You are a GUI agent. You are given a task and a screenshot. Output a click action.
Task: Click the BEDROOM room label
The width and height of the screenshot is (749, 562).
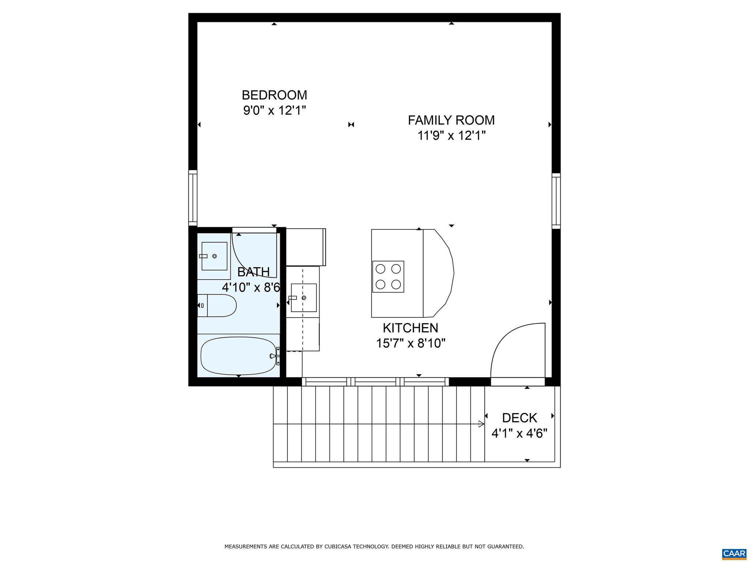tap(274, 95)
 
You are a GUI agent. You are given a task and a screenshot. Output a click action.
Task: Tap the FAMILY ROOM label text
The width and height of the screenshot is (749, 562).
tap(451, 120)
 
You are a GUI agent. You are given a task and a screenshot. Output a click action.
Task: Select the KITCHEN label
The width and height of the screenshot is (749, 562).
tap(410, 328)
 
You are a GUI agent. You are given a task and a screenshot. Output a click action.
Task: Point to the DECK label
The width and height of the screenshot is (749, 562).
tap(519, 418)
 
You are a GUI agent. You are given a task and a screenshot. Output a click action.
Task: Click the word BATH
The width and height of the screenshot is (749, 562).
tap(253, 272)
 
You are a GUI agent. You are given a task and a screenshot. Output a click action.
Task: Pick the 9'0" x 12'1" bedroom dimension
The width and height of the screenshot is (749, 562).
tap(274, 110)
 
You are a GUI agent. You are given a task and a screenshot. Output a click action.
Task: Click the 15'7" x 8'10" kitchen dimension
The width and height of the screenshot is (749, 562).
tap(411, 343)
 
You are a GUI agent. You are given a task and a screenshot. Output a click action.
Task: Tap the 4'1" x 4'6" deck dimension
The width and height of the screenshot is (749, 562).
tap(519, 434)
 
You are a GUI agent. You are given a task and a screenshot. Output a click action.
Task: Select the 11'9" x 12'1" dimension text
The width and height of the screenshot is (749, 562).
tap(451, 136)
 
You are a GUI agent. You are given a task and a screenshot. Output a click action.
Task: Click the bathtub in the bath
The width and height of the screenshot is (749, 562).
tap(238, 356)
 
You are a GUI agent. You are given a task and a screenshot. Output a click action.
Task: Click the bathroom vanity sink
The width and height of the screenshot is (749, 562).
tap(214, 256)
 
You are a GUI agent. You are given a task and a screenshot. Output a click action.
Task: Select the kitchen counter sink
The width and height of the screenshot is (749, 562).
tap(304, 297)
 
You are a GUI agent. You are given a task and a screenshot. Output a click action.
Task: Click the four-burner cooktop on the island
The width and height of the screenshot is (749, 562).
tap(388, 277)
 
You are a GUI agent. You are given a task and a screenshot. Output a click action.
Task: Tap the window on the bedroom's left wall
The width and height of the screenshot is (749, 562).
tap(193, 198)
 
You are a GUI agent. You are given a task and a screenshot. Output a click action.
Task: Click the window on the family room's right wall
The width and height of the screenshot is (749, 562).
tap(556, 201)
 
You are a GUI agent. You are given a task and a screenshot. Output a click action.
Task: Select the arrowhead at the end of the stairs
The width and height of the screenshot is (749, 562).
tap(482, 424)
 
